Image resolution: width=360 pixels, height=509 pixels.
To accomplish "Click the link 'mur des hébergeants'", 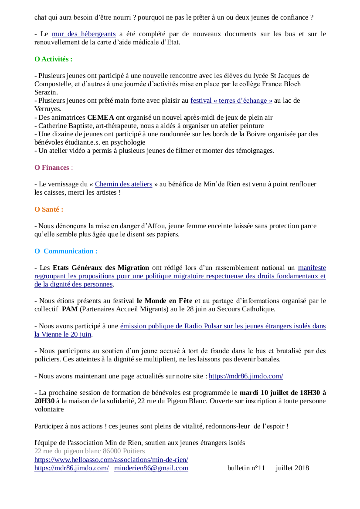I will (84, 34).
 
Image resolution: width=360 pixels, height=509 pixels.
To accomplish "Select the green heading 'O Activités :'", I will (54, 59).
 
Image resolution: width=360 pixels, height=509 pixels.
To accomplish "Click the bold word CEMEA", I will (101, 117).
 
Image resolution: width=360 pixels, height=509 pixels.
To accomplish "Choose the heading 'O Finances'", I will (52, 167).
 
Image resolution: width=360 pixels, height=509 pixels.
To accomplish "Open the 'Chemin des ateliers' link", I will (123, 184).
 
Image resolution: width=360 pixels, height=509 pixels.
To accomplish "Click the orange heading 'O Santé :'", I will (49, 209).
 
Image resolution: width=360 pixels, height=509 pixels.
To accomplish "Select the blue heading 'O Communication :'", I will (66, 251).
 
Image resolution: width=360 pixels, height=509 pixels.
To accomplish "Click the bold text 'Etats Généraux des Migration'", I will (101, 268).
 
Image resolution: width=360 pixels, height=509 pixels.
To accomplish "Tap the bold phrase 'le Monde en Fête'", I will (165, 301).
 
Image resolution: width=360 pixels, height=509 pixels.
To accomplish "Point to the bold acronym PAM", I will (70, 309).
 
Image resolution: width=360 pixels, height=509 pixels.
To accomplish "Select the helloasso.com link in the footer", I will (111, 460).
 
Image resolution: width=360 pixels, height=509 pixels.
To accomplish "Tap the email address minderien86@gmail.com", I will (151, 468).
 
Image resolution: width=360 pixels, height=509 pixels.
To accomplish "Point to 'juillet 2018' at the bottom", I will (292, 468).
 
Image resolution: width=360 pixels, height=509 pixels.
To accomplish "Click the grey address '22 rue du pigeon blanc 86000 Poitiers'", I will (89, 451).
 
